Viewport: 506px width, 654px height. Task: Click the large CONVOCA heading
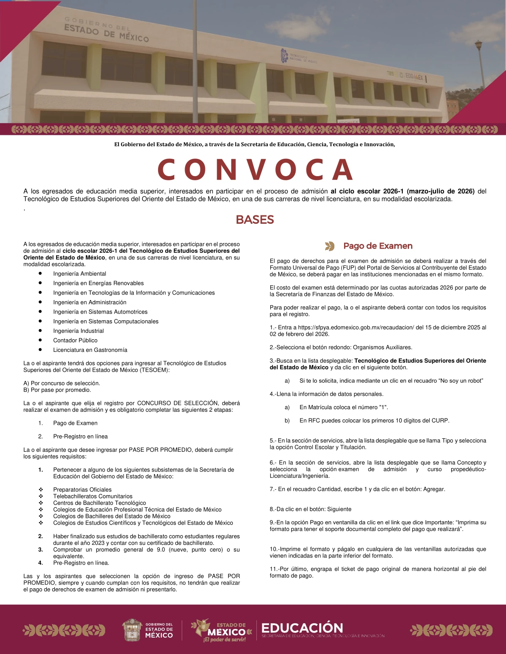pyautogui.click(x=255, y=169)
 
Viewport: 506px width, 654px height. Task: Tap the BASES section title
pyautogui.click(x=255, y=220)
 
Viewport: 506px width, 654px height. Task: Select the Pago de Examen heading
pyautogui.click(x=378, y=246)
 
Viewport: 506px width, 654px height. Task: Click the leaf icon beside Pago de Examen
pyautogui.click(x=330, y=246)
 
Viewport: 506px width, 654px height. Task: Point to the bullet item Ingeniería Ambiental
pyautogui.click(x=80, y=274)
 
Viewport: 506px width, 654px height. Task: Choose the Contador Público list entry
pyautogui.click(x=75, y=340)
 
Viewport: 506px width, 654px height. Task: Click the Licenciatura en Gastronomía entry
pyautogui.click(x=90, y=350)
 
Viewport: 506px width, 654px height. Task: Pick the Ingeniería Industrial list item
pyautogui.click(x=78, y=331)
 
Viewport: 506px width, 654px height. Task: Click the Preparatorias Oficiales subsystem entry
pyautogui.click(x=82, y=490)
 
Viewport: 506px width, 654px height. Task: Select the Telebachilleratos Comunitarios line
pyautogui.click(x=93, y=496)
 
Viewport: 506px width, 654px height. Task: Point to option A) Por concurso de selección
pyautogui.click(x=62, y=383)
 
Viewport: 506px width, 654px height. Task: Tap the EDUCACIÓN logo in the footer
pyautogui.click(x=302, y=628)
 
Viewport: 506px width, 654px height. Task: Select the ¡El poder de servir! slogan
pyautogui.click(x=224, y=640)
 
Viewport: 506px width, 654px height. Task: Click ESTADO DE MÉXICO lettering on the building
pyautogui.click(x=106, y=33)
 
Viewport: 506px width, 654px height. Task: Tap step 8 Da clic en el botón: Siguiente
pyautogui.click(x=310, y=509)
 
